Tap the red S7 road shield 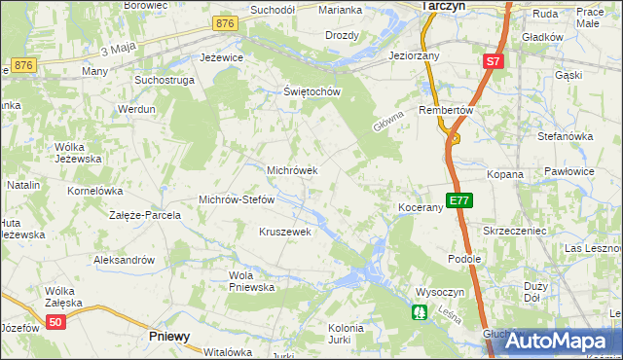point(494,61)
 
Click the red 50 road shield point(56,322)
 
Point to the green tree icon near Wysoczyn point(419,312)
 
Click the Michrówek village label point(293,170)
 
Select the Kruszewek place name point(284,232)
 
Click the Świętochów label point(311,92)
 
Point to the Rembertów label point(445,111)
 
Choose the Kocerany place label point(421,208)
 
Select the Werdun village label point(136,110)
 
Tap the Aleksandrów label point(124,260)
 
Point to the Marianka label point(341,10)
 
